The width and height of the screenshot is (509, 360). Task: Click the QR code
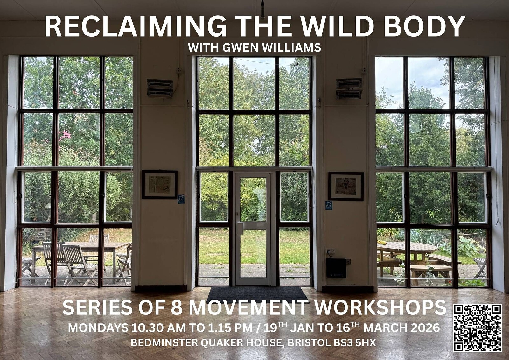[x=478, y=328]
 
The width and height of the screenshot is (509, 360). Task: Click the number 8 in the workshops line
[x=176, y=307]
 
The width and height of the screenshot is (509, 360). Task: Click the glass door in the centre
[x=253, y=228]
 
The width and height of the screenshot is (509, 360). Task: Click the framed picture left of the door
[x=159, y=185]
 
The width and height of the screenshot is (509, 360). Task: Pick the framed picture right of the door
[x=346, y=186]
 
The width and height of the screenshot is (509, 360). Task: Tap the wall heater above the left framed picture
[x=160, y=88]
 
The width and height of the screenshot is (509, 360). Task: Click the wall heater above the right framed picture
[x=349, y=88]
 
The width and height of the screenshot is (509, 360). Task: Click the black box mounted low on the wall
[x=336, y=268]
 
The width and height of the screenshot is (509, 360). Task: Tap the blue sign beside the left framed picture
[x=181, y=199]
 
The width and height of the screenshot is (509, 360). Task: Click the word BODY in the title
[x=424, y=26]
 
